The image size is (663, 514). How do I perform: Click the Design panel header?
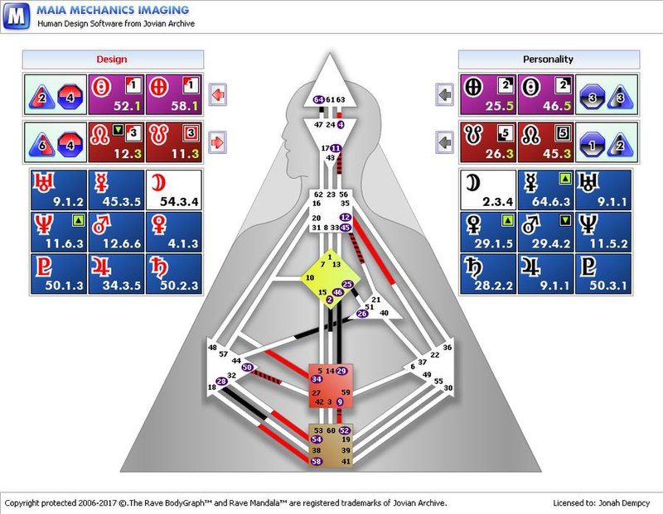click(112, 60)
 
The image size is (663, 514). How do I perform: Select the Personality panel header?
click(548, 60)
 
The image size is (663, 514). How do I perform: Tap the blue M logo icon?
click(17, 16)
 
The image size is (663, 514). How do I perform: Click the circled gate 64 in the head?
click(319, 99)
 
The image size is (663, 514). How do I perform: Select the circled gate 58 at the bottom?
click(317, 461)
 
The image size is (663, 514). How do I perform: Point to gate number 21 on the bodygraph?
click(375, 300)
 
